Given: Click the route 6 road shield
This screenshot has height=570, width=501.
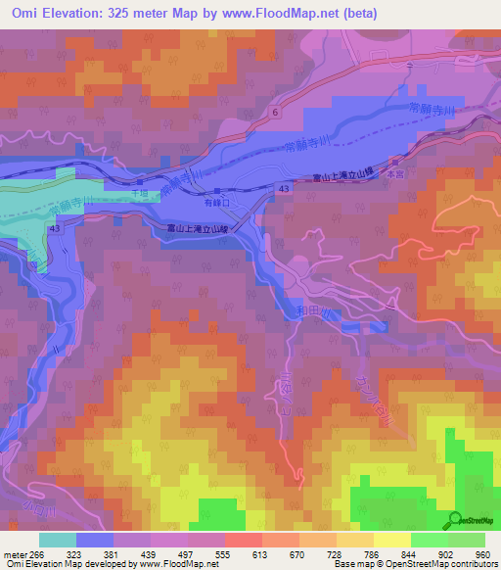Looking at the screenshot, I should [x=276, y=115].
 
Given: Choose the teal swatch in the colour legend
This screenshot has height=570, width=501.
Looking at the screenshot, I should [x=58, y=540].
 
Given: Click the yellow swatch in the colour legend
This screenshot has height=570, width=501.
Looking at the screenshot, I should [x=391, y=540].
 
